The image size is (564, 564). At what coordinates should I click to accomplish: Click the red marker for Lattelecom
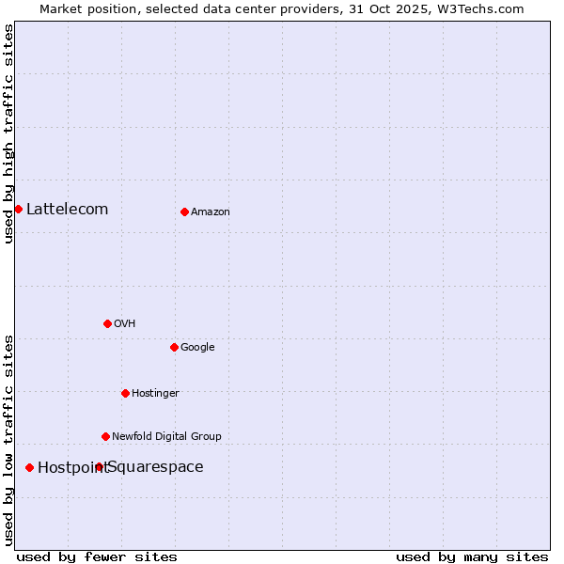point(18,209)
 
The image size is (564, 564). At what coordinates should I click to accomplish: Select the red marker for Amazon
point(184,211)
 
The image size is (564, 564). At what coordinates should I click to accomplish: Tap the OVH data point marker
point(107,323)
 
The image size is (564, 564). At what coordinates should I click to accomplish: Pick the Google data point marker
point(174,347)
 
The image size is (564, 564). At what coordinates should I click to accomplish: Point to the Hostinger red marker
point(125,393)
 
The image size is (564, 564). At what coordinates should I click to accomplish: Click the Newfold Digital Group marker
point(105,436)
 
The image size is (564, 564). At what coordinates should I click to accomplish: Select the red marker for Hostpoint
point(29,467)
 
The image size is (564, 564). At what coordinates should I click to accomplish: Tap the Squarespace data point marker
point(99,466)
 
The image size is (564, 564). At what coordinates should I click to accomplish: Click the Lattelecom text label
point(67,209)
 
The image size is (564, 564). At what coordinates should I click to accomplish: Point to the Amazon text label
point(211,212)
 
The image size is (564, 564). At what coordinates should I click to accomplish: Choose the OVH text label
point(125,324)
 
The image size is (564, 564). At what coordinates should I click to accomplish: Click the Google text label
point(197,348)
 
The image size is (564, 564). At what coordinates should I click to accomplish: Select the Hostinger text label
point(155,394)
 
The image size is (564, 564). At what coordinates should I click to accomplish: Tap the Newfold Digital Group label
point(166,437)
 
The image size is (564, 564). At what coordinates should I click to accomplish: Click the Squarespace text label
point(156,467)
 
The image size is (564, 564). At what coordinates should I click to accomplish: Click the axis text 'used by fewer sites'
point(97,556)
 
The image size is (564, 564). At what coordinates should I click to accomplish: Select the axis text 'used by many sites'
point(472,556)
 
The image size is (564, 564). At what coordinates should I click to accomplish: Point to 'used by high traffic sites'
point(8,133)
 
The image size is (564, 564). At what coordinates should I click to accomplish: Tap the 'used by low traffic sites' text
point(8,440)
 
